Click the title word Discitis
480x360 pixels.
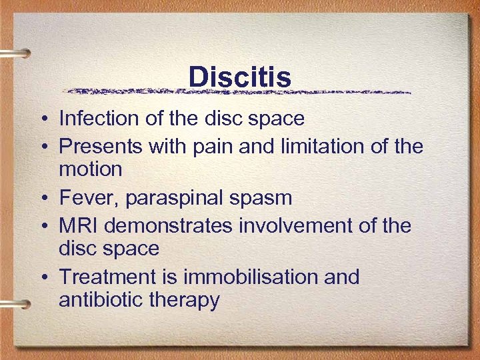point(240,77)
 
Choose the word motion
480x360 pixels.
point(91,169)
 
